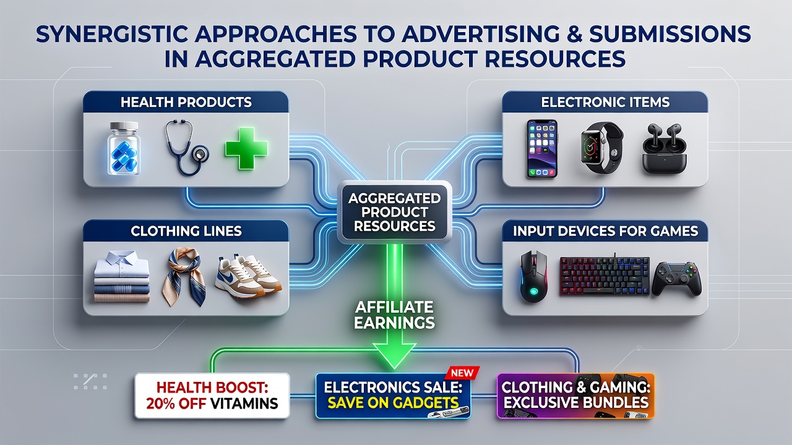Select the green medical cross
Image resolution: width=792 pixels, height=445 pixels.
pos(246,148)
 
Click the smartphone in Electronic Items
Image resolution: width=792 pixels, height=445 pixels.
pos(542,148)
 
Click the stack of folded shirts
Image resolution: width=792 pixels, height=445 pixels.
pos(122,276)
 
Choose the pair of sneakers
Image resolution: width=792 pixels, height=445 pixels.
pos(248,278)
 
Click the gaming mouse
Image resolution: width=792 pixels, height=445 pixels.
pos(534,276)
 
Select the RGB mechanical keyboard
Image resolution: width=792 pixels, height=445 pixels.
pos(605,276)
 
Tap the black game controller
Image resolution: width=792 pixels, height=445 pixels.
pos(676,278)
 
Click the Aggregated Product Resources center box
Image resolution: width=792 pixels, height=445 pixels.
pos(394,212)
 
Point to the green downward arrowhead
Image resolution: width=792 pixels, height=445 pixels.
pos(394,355)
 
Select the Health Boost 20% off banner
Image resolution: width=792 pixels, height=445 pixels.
pos(212,396)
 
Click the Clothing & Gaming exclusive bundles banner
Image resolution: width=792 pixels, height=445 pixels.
pos(575,396)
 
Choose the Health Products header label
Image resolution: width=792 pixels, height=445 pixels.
pos(186,102)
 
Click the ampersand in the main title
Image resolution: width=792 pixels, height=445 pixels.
pos(571,34)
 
